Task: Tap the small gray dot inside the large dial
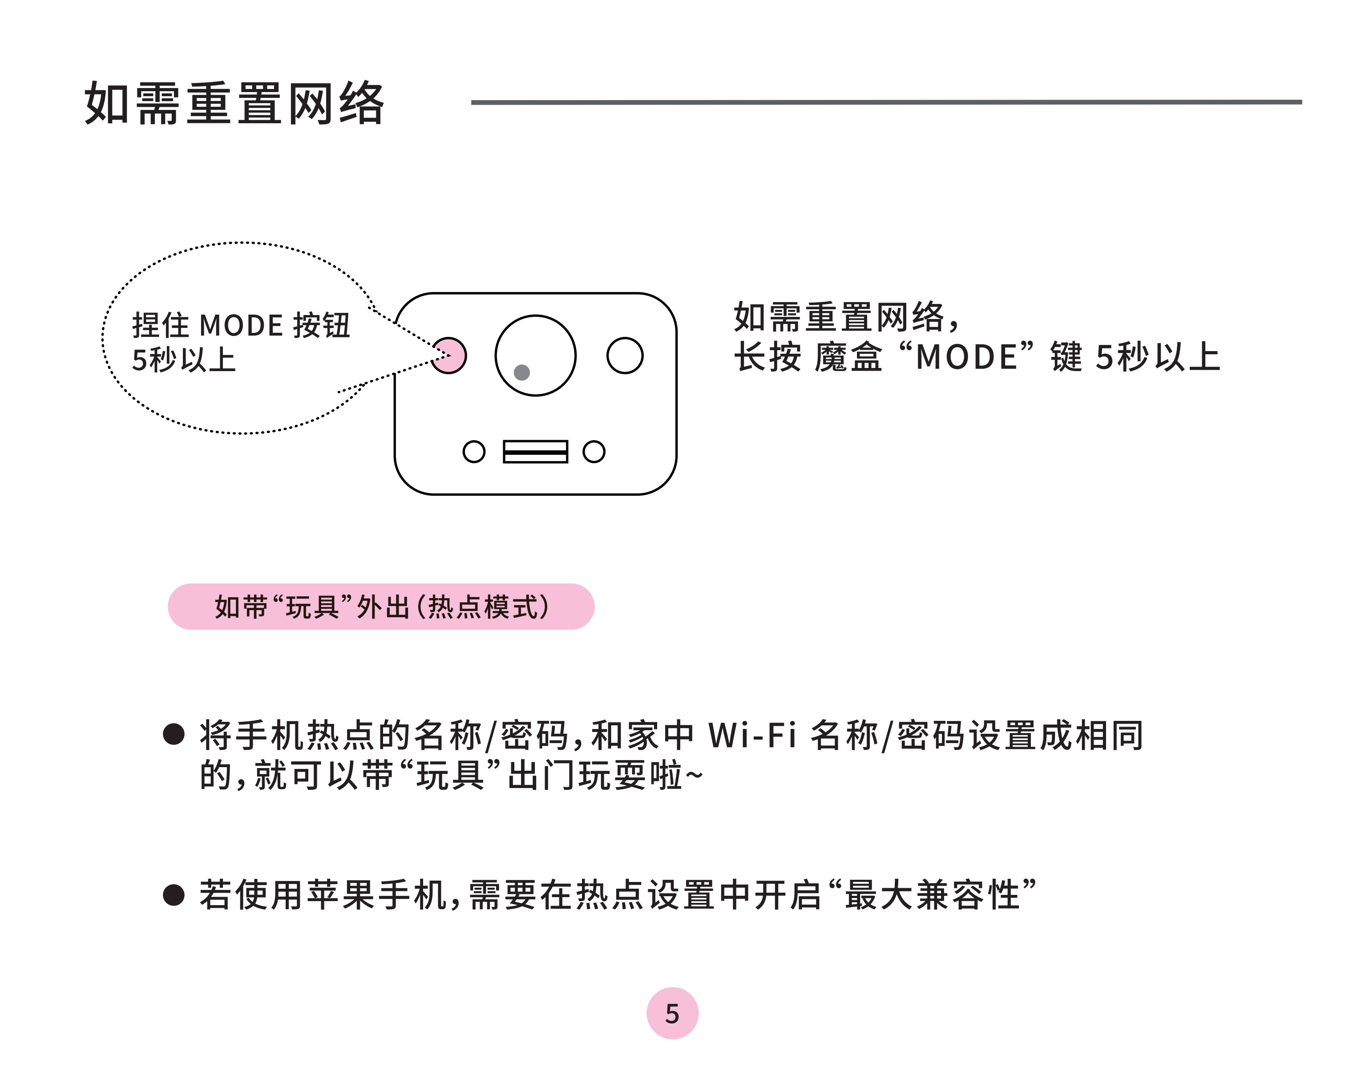pos(521,372)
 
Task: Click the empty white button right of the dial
pos(625,356)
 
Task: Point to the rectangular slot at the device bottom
pos(535,452)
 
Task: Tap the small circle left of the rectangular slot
pos(474,452)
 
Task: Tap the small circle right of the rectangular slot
pos(594,452)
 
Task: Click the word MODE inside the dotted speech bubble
pos(241,326)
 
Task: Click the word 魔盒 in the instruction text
pos(848,357)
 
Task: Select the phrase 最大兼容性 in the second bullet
pos(932,894)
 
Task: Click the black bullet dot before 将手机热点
pos(174,734)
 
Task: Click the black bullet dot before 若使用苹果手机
pos(174,894)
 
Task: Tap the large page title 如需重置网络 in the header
pos(234,103)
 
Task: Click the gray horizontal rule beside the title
pos(886,101)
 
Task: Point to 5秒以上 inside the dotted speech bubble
pos(184,360)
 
